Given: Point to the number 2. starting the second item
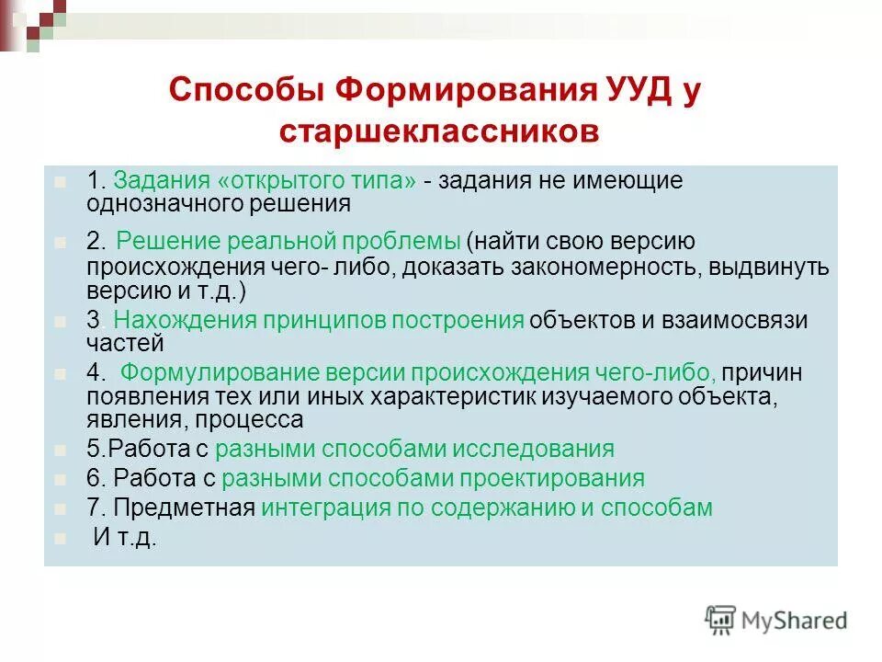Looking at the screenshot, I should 97,242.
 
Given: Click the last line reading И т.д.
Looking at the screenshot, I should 126,538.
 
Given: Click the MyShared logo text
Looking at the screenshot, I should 796,620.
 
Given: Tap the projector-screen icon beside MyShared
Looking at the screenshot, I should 720,619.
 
